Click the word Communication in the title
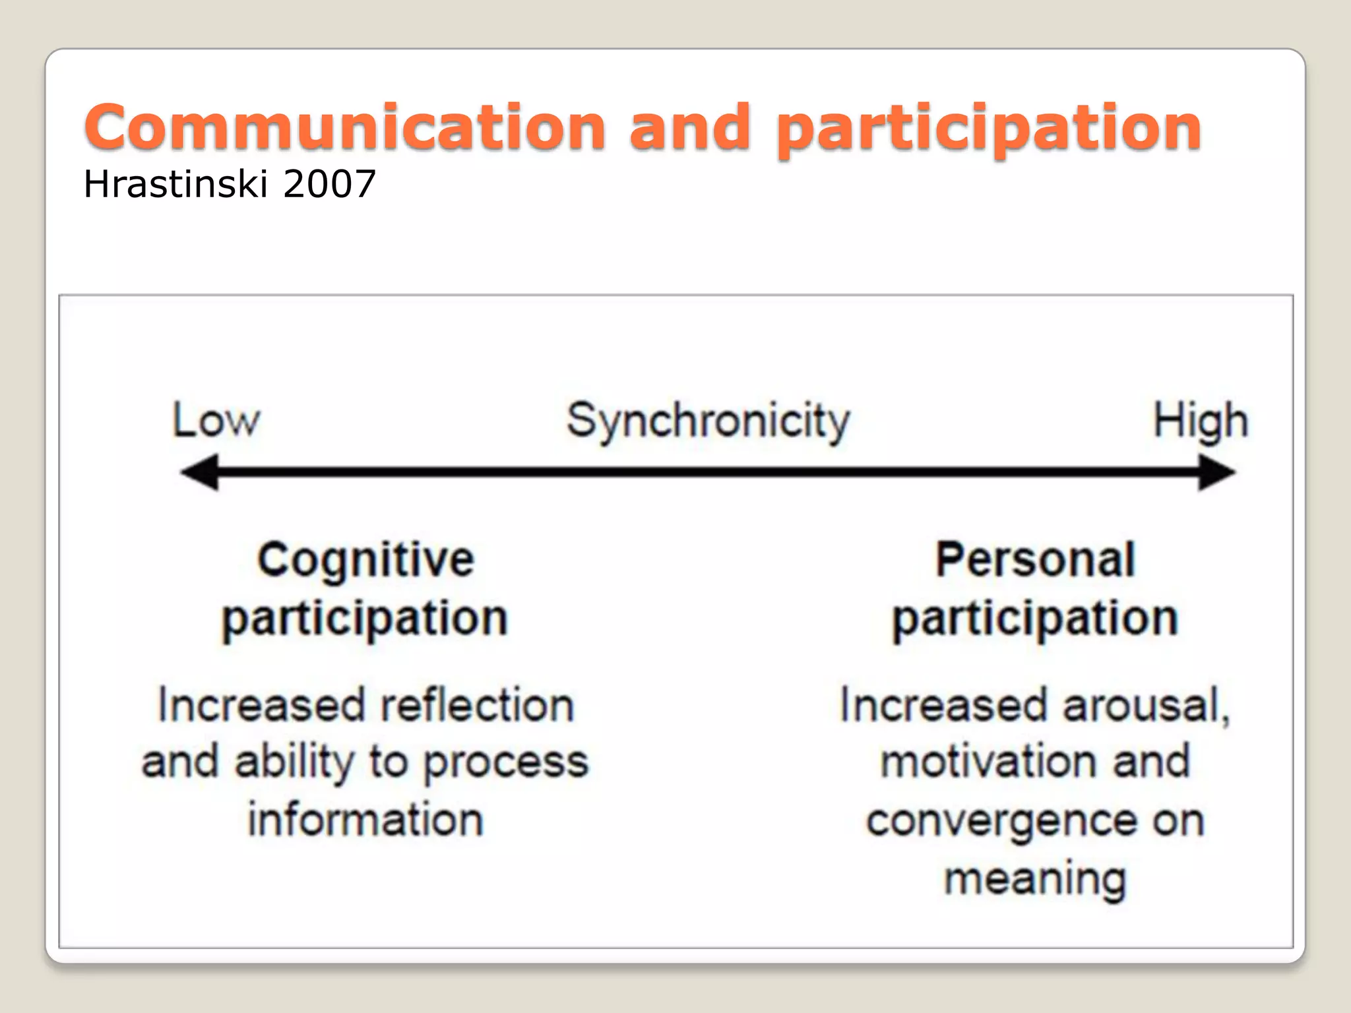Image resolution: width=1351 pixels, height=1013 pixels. [344, 127]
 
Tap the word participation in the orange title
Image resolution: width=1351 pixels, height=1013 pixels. [988, 129]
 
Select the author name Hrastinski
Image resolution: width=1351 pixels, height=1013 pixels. [175, 184]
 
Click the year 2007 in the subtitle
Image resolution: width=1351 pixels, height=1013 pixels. [329, 184]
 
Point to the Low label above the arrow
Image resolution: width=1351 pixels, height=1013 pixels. [216, 420]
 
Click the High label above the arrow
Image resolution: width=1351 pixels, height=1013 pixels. [1200, 421]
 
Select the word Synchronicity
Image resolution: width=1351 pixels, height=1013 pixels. [708, 421]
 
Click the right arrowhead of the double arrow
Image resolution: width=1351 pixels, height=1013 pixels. [1216, 472]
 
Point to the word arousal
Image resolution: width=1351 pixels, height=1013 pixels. [1146, 705]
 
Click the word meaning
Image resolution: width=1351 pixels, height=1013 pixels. [1035, 879]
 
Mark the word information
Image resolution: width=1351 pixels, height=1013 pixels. [365, 820]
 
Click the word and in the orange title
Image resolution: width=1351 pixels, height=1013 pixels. [689, 127]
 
